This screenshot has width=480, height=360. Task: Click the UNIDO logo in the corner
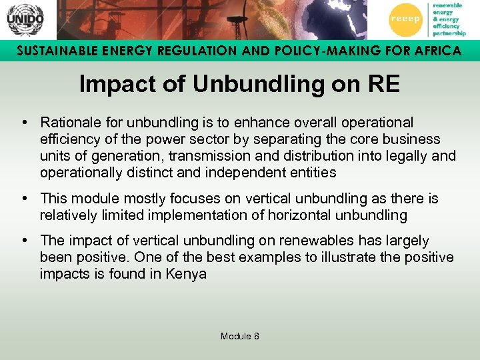[25, 19]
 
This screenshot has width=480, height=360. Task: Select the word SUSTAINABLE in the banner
[51, 51]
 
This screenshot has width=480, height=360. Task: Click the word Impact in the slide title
[111, 84]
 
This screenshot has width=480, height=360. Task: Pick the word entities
[313, 173]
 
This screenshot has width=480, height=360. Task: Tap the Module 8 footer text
[239, 336]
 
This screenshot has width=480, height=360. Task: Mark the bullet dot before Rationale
[24, 123]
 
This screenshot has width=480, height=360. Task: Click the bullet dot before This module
[24, 198]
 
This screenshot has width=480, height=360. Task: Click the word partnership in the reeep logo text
[449, 33]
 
